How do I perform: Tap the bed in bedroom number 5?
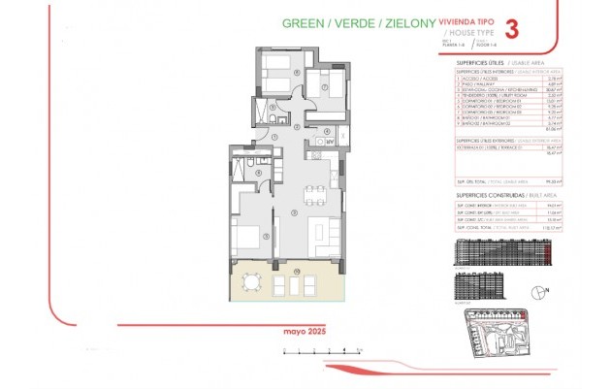click(246, 236)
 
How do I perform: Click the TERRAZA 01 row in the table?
click(490, 146)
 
